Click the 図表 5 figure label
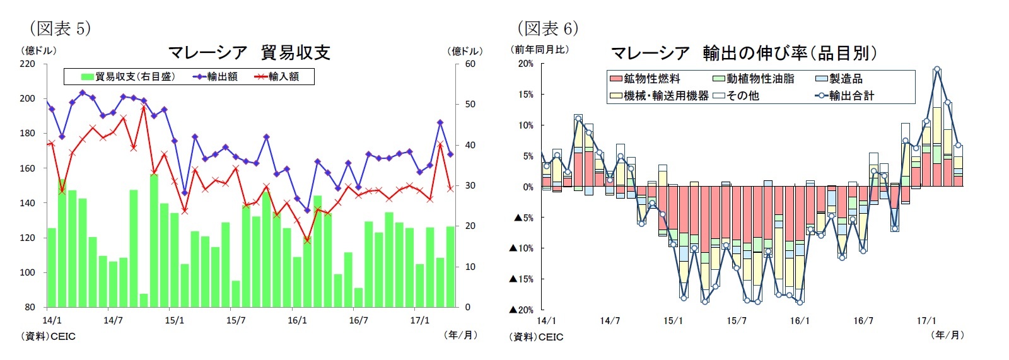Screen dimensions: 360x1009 60,28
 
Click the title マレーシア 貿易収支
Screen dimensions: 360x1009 249,52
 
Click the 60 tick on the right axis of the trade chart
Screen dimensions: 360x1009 470,64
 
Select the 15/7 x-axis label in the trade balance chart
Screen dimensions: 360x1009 236,320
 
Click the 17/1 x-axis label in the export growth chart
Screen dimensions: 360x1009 926,321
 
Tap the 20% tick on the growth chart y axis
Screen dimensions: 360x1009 525,64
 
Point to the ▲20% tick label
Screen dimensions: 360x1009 522,310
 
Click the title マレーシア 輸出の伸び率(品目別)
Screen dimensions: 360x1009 744,53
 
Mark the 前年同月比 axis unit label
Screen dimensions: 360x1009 540,49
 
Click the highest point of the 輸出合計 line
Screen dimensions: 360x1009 937,69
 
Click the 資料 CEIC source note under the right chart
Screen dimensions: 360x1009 536,337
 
